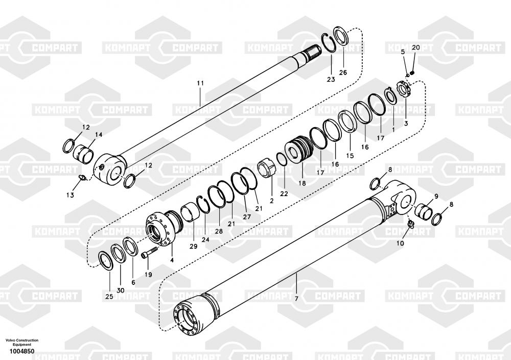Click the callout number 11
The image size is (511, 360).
(x=200, y=83)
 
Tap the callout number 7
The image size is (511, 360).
(x=296, y=299)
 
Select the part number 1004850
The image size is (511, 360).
(x=21, y=351)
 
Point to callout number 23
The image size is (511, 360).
(x=331, y=80)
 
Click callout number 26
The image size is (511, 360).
(x=343, y=73)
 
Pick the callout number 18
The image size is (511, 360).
(x=302, y=183)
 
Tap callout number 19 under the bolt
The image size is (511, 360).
(x=148, y=275)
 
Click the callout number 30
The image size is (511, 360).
(x=120, y=290)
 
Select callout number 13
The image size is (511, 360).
(x=70, y=195)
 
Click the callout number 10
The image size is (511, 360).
(x=400, y=243)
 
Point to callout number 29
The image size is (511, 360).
(x=193, y=246)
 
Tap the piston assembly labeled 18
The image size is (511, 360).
(x=299, y=150)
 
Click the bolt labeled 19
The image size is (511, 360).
(x=150, y=252)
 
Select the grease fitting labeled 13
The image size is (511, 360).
(x=82, y=177)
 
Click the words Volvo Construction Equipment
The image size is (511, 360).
(x=22, y=342)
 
